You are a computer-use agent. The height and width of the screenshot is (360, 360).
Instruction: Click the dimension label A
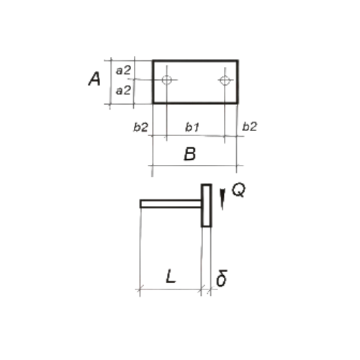(94, 79)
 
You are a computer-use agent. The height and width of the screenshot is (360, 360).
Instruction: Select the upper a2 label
(123, 71)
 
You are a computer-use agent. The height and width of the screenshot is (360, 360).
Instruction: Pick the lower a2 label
(123, 91)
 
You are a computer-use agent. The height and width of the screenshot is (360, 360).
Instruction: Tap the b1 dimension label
(192, 127)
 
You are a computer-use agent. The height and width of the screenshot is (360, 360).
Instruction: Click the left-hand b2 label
(140, 127)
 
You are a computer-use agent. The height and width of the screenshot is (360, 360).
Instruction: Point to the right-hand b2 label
(250, 126)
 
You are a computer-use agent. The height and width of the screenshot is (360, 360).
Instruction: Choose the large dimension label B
(190, 154)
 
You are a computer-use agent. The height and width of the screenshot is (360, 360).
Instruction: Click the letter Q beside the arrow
(238, 190)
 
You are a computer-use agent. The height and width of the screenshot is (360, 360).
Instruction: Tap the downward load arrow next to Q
(223, 199)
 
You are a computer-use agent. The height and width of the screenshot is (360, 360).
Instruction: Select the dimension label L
(171, 276)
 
